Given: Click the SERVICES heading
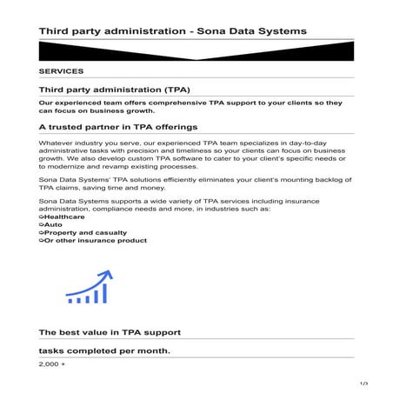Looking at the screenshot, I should click(x=61, y=71).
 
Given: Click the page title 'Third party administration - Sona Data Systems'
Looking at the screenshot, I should click(x=172, y=31).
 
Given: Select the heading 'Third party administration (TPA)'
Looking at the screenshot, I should click(x=114, y=90).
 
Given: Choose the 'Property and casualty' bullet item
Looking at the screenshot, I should click(x=83, y=232).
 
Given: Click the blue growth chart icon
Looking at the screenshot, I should click(x=89, y=288).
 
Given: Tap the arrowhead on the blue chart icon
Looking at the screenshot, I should click(x=107, y=275).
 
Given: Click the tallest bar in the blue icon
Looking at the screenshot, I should click(x=104, y=294).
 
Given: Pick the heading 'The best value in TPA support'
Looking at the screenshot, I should click(x=110, y=332).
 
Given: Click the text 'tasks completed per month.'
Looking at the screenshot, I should click(x=104, y=351).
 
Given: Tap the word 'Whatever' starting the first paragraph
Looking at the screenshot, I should click(x=57, y=141).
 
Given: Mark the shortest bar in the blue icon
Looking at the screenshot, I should click(x=70, y=301).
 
